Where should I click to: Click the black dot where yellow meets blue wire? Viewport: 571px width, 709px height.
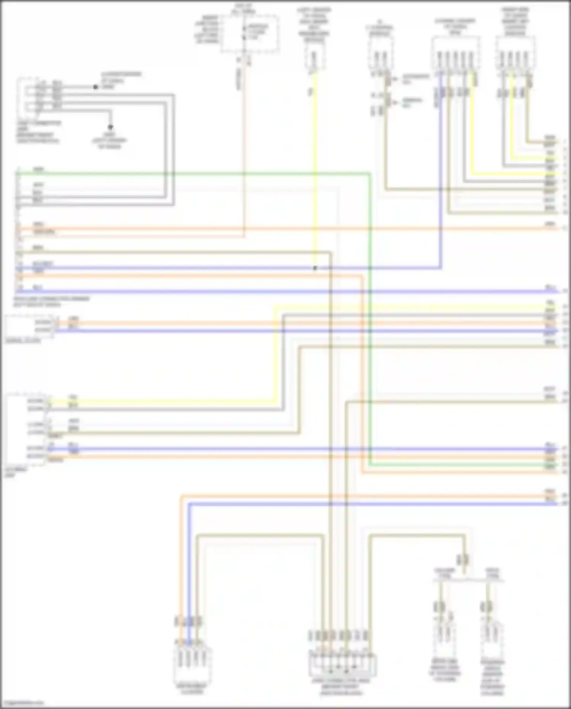(315, 268)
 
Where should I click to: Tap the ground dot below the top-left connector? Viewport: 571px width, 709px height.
(110, 127)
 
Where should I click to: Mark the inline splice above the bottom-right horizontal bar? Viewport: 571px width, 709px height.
(464, 560)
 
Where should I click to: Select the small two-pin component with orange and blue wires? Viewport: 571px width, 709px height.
(29, 326)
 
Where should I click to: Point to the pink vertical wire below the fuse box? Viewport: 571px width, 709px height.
(244, 152)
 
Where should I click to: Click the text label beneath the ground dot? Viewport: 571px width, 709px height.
(109, 141)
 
